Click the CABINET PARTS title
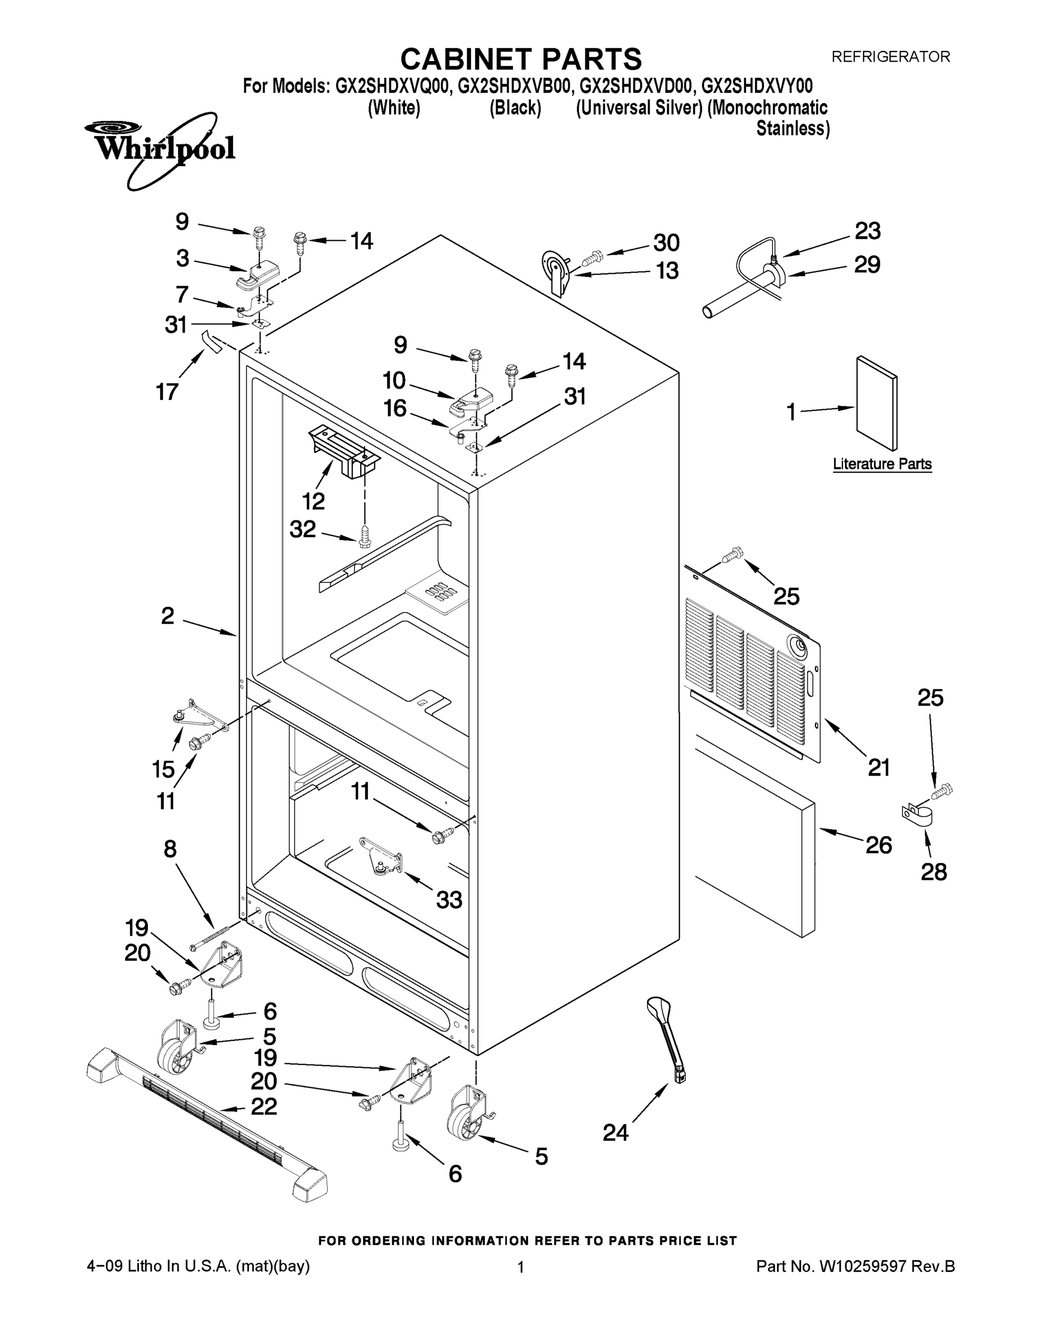(x=521, y=60)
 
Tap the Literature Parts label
(x=882, y=464)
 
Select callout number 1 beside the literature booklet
(x=791, y=412)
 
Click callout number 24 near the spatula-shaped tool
(x=616, y=1132)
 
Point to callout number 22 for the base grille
(x=264, y=1107)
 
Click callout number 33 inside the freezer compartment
(x=449, y=900)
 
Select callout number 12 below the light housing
(x=313, y=501)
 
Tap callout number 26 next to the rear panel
(x=878, y=845)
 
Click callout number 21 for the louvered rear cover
(x=879, y=767)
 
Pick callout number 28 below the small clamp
(x=933, y=871)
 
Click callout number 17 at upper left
(x=167, y=391)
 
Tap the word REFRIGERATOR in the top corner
(x=891, y=57)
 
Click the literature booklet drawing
(x=877, y=403)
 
